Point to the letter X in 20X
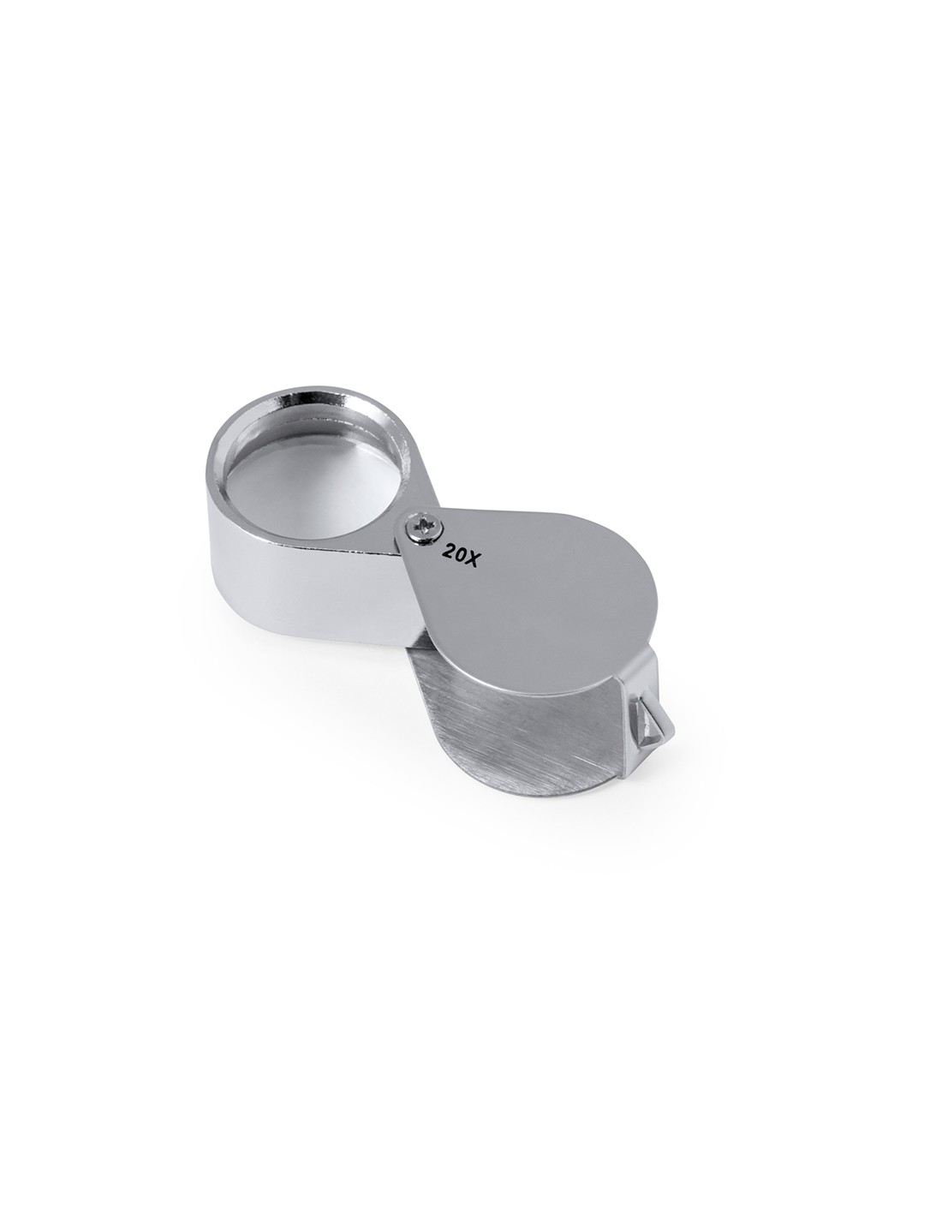coord(470,559)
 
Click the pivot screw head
coord(423,526)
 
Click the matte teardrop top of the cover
coord(538,577)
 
